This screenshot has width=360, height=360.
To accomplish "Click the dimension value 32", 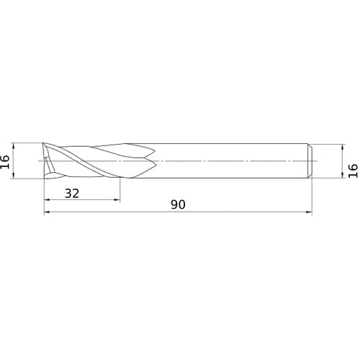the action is point(72,193).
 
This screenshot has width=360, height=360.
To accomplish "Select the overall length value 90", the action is point(178,204).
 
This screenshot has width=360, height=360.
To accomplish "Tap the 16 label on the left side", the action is point(5,162).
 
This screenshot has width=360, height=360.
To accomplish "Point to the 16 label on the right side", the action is point(353,171).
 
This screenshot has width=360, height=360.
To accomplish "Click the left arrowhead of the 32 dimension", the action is point(47,199).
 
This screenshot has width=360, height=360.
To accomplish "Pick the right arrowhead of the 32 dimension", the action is point(117,199).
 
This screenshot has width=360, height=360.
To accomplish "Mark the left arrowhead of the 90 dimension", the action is point(47,212).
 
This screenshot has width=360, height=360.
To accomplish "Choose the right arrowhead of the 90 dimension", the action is point(309,212).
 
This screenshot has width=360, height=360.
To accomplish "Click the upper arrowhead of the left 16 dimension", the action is point(14,146).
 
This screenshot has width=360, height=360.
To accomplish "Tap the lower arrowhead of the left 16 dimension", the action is point(14,176).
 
